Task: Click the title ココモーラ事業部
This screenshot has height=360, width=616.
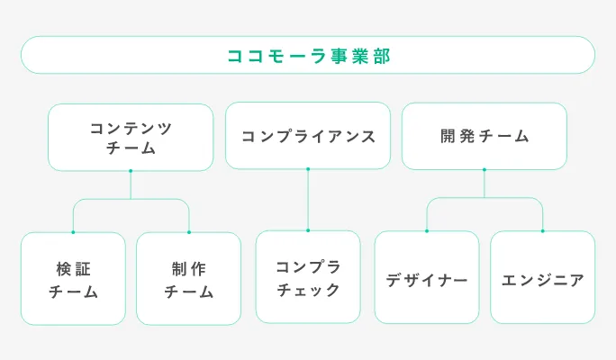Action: pyautogui.click(x=308, y=55)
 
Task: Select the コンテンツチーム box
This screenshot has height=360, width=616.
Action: pyautogui.click(x=131, y=138)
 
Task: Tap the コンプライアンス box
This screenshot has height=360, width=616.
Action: pyautogui.click(x=308, y=136)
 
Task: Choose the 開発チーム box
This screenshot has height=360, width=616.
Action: pyautogui.click(x=485, y=136)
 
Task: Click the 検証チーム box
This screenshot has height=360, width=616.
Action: pyautogui.click(x=73, y=279)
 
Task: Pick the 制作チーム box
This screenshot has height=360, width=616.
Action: pyautogui.click(x=188, y=279)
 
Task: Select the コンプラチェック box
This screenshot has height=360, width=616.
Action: pyautogui.click(x=308, y=277)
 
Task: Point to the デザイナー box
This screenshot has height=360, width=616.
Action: pyautogui.click(x=427, y=279)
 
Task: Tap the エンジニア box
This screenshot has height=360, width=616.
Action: pyautogui.click(x=542, y=279)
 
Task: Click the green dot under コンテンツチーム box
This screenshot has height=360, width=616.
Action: pyautogui.click(x=131, y=171)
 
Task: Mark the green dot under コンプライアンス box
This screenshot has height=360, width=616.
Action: pyautogui.click(x=308, y=168)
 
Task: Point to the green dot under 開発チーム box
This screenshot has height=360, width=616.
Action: pyautogui.click(x=485, y=169)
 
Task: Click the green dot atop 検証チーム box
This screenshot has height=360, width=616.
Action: pyautogui.click(x=73, y=232)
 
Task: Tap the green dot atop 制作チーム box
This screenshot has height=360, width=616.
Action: pyautogui.click(x=188, y=232)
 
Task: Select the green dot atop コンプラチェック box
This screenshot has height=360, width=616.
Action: pyautogui.click(x=308, y=230)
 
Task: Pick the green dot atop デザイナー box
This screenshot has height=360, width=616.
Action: pyautogui.click(x=427, y=231)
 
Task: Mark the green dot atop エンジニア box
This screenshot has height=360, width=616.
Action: pyautogui.click(x=542, y=231)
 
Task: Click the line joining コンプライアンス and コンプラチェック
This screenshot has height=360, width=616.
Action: pyautogui.click(x=308, y=200)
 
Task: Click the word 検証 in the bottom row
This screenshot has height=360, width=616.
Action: pyautogui.click(x=73, y=268)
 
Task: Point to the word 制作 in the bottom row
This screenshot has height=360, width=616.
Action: pyautogui.click(x=188, y=268)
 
